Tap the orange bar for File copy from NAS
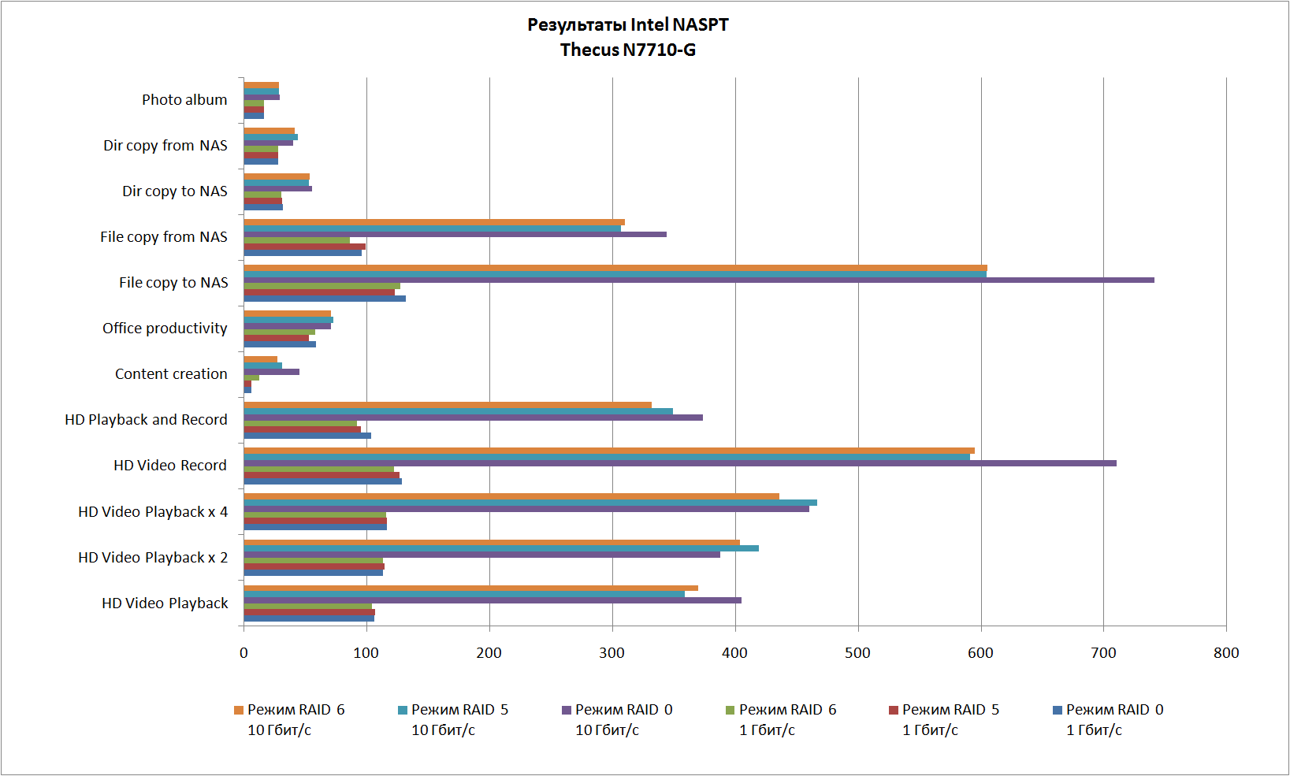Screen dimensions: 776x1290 coord(433,222)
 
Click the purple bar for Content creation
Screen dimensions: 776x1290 coord(271,371)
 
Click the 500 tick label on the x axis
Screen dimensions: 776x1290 coord(857,652)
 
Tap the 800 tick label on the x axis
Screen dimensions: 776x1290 coord(1226,652)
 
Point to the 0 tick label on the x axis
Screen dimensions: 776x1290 coord(244,652)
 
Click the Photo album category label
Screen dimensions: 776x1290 coord(184,100)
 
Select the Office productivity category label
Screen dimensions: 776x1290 coord(165,329)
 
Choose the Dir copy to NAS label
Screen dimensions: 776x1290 coord(174,191)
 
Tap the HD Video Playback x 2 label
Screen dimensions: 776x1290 coord(153,558)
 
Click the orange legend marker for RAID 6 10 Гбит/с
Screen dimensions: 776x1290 coord(239,710)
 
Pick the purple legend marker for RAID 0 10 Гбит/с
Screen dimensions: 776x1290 coord(566,710)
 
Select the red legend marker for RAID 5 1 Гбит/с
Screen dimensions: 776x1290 coord(893,710)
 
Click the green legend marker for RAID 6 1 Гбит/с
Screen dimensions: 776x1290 coord(730,710)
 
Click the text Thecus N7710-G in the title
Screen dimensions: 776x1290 coord(627,50)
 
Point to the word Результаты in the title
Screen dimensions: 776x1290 coord(576,24)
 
